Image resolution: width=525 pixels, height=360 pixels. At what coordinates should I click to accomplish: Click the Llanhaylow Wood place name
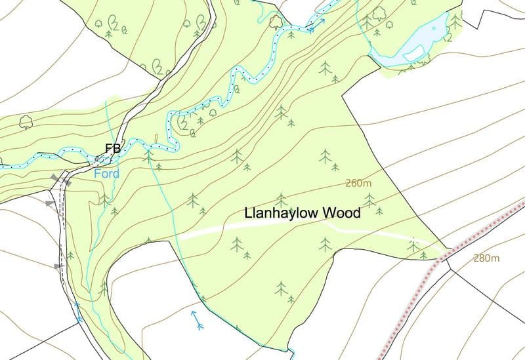click(303, 214)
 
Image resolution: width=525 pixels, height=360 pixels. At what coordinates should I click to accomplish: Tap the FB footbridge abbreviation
click(112, 149)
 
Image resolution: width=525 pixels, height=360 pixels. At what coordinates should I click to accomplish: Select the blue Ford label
click(106, 174)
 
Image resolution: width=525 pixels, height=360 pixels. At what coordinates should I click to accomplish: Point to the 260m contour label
click(358, 184)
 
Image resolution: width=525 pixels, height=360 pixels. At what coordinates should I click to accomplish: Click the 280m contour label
click(486, 258)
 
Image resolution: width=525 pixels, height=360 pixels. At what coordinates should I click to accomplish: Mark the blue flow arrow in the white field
click(196, 319)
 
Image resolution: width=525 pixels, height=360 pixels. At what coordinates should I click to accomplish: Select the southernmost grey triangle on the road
click(58, 266)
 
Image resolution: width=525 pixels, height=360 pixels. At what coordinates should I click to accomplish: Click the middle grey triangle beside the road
click(50, 205)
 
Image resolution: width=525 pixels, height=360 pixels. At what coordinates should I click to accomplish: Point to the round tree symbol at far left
click(26, 121)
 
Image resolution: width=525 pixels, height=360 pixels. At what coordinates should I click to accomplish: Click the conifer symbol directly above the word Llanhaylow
click(281, 199)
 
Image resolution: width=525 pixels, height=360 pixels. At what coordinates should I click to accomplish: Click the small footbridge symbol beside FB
click(96, 159)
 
